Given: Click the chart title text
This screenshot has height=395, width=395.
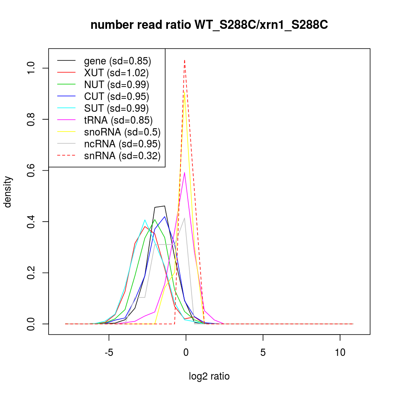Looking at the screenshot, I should point(209,25).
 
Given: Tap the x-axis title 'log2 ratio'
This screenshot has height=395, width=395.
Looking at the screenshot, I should point(209,376).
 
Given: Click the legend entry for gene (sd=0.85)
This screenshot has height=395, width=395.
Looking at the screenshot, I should point(117,61).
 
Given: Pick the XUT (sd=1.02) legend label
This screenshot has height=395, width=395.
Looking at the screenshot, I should point(116,73).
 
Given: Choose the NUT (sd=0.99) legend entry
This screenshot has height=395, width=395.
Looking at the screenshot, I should point(116,85).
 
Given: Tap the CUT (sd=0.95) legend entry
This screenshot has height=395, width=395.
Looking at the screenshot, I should point(116,96).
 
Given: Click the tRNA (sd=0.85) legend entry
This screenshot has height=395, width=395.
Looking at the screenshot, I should point(118,120).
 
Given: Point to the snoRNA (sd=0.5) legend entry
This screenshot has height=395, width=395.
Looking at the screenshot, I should point(122,132).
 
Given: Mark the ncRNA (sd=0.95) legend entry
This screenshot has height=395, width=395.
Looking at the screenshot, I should point(122,144).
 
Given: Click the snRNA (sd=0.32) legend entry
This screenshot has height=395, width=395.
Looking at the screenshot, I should point(122,156).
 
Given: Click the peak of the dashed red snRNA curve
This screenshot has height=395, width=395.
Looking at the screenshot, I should point(184,60).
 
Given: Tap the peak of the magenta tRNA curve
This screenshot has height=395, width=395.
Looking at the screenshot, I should point(184,172).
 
